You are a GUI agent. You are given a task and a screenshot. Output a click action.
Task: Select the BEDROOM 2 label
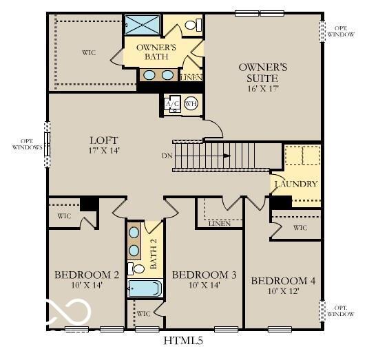[x=87, y=275]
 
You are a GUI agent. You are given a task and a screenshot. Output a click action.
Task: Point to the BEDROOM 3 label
[x=204, y=275]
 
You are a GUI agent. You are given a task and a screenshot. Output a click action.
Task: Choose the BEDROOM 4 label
[x=283, y=281]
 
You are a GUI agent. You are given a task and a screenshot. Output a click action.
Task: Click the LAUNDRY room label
[x=296, y=184]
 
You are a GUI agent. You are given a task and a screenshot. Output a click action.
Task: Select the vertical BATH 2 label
[x=154, y=253]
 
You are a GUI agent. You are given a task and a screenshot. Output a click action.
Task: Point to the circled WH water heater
[x=191, y=103]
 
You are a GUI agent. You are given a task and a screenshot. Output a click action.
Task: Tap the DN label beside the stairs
[x=167, y=156]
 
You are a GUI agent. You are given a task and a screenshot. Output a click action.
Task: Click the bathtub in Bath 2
[x=145, y=288]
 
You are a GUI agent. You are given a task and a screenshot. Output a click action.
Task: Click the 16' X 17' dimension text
[x=262, y=87]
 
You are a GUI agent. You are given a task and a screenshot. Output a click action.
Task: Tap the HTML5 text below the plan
[x=183, y=340]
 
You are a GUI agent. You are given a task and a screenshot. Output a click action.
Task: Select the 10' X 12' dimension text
[x=283, y=292]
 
